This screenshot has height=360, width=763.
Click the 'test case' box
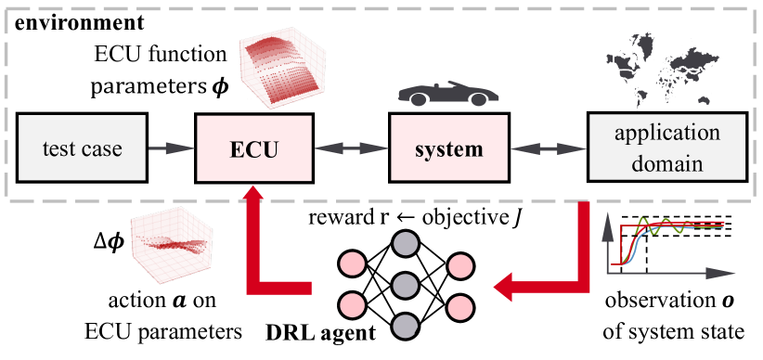tap(82, 148)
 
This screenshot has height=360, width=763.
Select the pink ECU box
tap(252, 148)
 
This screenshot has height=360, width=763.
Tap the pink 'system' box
tap(449, 148)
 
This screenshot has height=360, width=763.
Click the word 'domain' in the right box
tap(666, 163)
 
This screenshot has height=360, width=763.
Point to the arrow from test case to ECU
tap(171, 148)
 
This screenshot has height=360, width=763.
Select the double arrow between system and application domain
tap(548, 148)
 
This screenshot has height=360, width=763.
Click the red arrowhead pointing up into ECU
tap(252, 196)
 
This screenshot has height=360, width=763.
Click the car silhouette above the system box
tap(447, 95)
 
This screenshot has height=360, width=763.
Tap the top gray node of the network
tap(405, 244)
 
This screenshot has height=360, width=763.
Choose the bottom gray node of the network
tap(405, 326)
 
